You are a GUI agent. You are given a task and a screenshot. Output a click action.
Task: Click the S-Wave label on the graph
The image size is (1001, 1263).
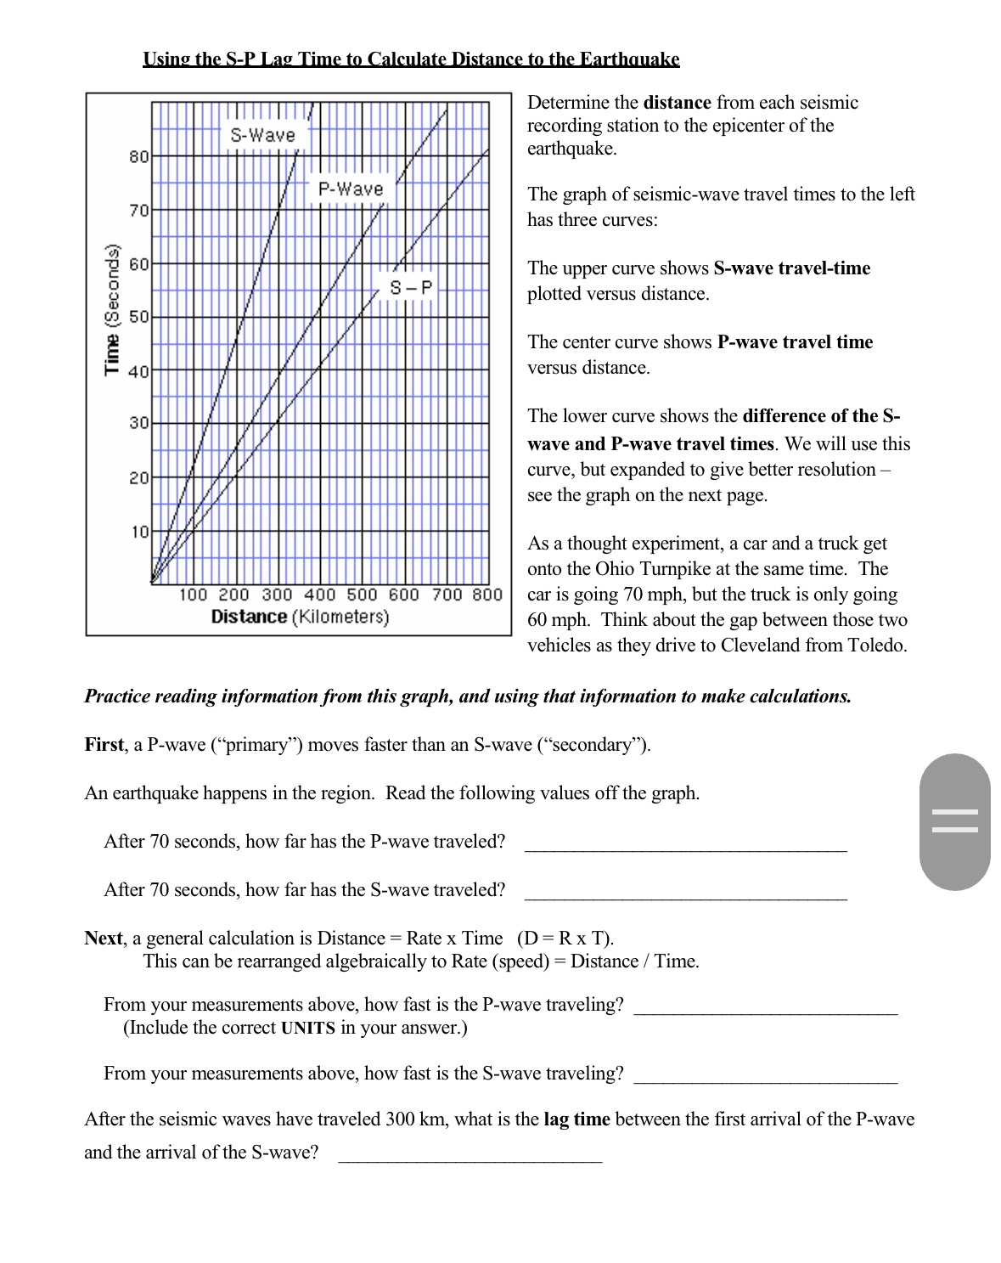pyautogui.click(x=262, y=135)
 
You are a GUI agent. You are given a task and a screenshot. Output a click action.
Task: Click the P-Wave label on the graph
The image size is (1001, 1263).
pyautogui.click(x=351, y=189)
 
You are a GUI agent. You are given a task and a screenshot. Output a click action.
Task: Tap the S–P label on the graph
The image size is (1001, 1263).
pyautogui.click(x=411, y=288)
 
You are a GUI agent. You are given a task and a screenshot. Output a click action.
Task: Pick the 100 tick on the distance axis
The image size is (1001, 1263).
pyautogui.click(x=193, y=595)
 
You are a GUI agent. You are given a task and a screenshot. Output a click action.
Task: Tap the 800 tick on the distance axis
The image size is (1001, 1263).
pyautogui.click(x=487, y=595)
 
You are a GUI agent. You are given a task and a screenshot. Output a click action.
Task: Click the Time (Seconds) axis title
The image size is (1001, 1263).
pyautogui.click(x=110, y=309)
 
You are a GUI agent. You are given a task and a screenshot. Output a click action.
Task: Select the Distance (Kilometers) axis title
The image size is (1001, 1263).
pyautogui.click(x=300, y=617)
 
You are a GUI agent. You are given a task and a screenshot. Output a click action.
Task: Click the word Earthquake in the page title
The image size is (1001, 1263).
pyautogui.click(x=629, y=59)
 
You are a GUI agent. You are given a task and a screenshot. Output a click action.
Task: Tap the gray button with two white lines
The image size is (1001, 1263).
pyautogui.click(x=954, y=821)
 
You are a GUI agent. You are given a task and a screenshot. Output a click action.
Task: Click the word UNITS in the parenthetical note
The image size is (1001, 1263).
pyautogui.click(x=307, y=1028)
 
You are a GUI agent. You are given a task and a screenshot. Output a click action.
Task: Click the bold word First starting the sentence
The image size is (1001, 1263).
pyautogui.click(x=104, y=745)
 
